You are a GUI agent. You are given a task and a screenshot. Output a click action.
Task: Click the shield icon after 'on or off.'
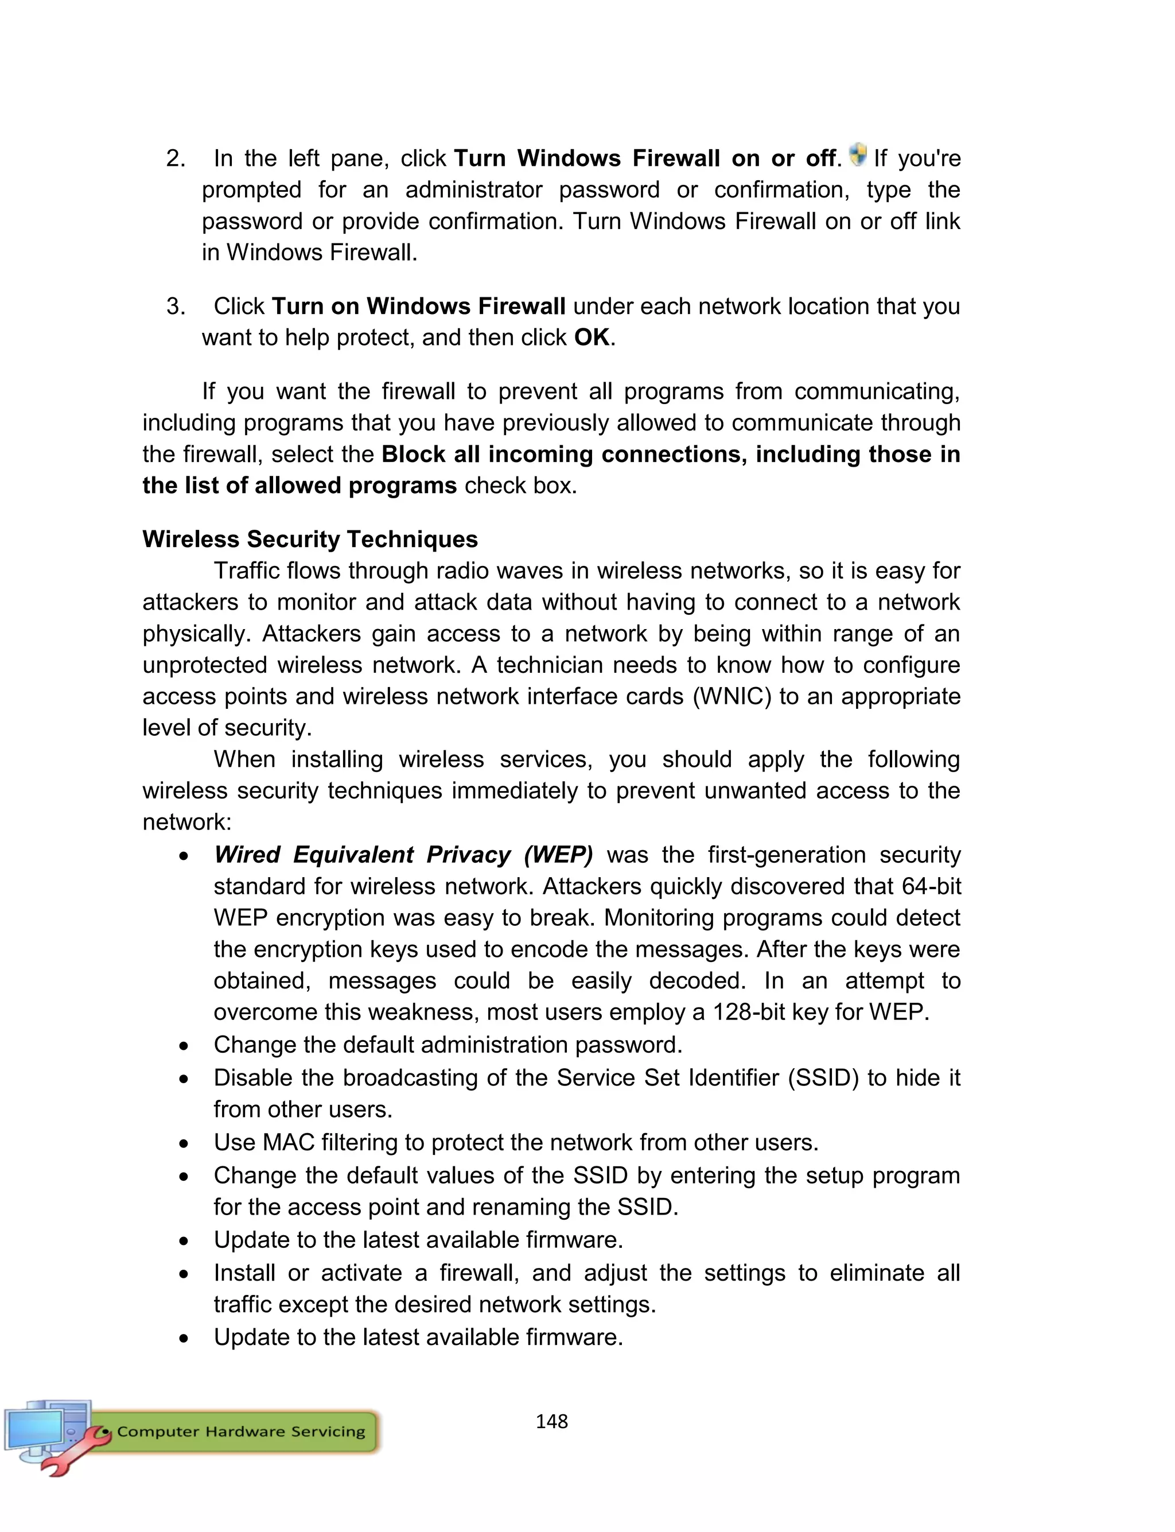click(858, 154)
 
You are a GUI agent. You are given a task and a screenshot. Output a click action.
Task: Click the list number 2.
click(175, 159)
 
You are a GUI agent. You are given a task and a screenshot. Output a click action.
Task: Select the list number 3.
click(175, 307)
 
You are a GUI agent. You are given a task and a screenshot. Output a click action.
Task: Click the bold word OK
click(592, 338)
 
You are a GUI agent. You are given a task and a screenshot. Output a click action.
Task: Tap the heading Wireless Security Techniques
click(310, 540)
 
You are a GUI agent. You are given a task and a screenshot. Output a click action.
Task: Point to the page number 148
click(551, 1421)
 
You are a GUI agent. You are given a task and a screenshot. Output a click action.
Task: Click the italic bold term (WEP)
click(558, 855)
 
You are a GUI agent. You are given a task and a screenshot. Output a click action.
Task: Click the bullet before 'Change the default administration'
click(183, 1046)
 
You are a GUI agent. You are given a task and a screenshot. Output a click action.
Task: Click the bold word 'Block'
click(413, 455)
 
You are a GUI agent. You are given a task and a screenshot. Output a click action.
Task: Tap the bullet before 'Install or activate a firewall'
click(183, 1274)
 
